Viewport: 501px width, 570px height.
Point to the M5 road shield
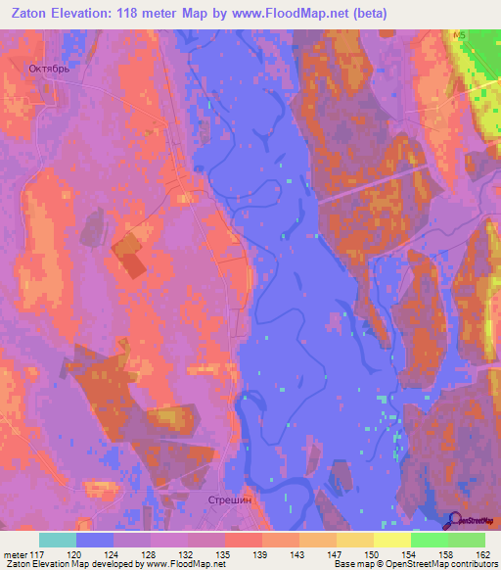click(459, 35)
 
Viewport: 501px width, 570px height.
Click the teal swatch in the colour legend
click(58, 540)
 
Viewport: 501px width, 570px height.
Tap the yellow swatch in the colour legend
click(392, 540)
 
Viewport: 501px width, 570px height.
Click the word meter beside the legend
click(16, 555)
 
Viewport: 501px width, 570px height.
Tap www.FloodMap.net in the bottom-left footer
click(173, 565)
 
